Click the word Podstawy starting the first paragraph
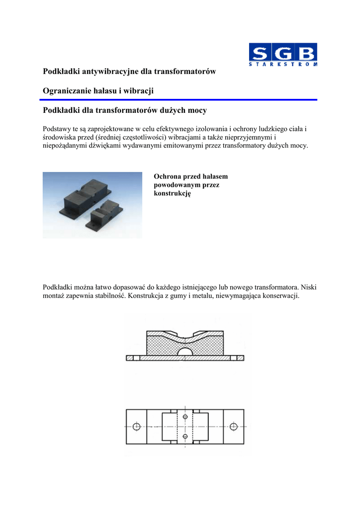[58, 128]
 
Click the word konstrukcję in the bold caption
[173, 193]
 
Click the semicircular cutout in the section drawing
[184, 351]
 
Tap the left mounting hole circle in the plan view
[136, 426]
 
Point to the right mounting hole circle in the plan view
[233, 426]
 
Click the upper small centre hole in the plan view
[185, 416]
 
